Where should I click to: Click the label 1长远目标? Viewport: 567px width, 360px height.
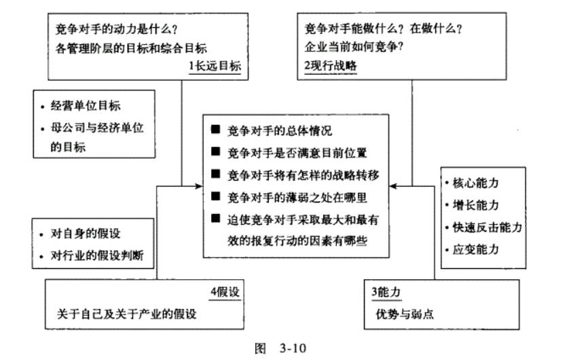point(214,66)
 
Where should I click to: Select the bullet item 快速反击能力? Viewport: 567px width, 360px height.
point(486,227)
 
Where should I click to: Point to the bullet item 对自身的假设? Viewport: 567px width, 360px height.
point(86,235)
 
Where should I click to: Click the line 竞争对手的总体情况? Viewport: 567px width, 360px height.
point(280,130)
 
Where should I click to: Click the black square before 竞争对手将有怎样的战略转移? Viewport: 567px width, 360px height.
point(216,175)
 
